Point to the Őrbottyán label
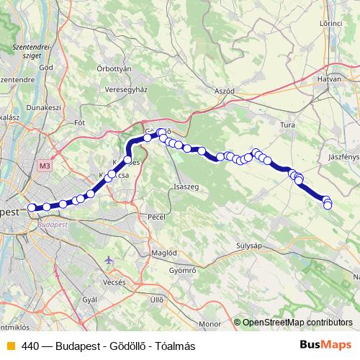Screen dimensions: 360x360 tap(114, 68)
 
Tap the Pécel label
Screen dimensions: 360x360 tap(156, 216)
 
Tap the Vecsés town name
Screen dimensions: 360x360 tap(114, 282)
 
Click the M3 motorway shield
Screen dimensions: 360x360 tap(45, 166)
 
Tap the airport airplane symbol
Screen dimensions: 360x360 tap(109, 260)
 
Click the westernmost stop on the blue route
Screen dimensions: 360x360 tap(32, 208)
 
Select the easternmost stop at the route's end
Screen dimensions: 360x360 tap(328, 205)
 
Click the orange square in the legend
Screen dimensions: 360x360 tap(10, 346)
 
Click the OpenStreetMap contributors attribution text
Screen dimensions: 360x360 tap(296, 323)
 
